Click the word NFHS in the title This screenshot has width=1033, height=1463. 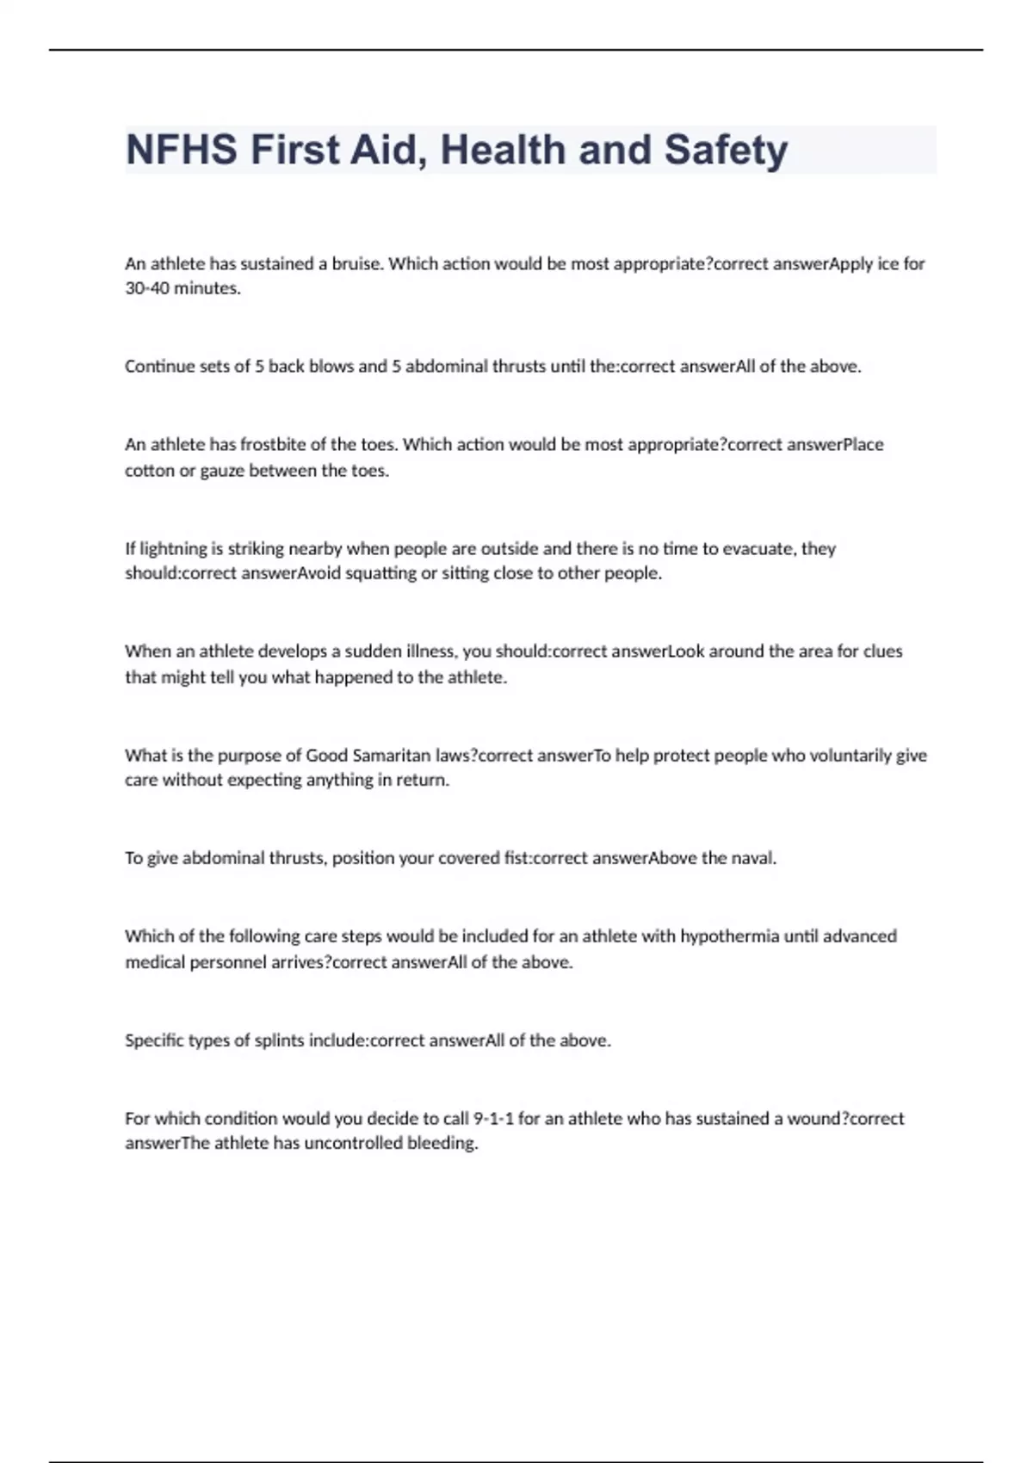coord(182,150)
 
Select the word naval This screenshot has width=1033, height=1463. coord(754,858)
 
